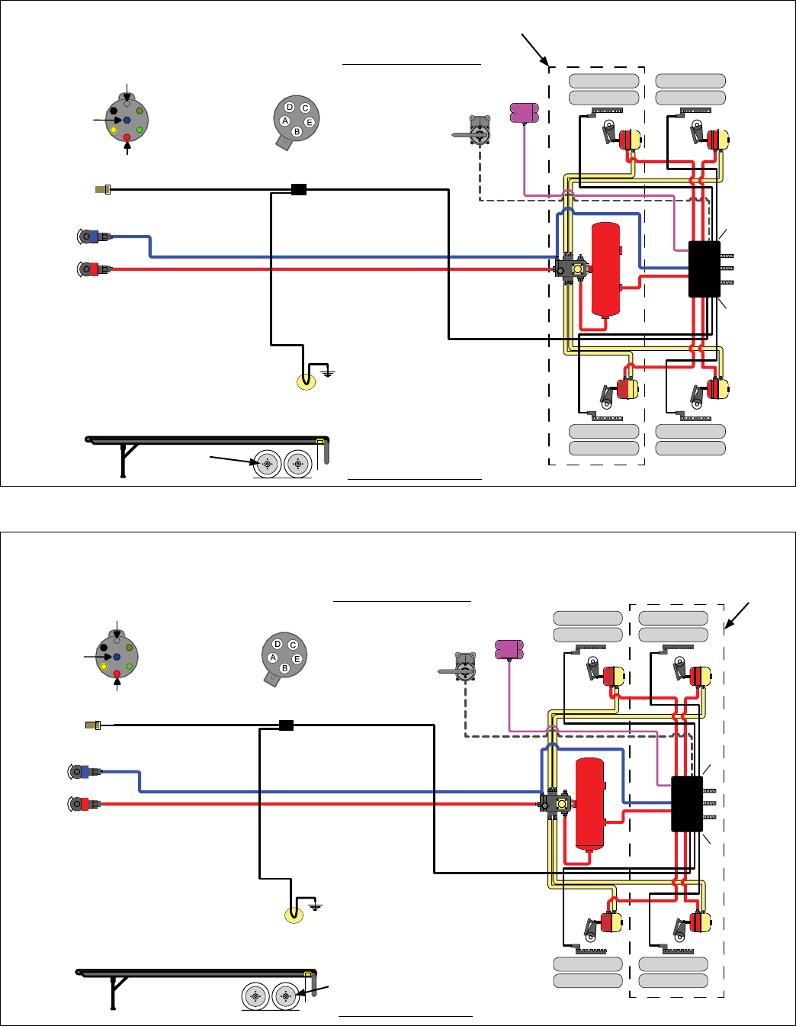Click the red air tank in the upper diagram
click(606, 269)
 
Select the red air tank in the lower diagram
click(589, 804)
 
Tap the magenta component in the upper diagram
click(525, 112)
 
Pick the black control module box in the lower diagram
click(687, 804)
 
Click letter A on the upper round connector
click(285, 121)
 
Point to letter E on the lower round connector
click(297, 659)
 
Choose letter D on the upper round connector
click(290, 108)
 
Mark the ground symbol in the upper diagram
click(328, 373)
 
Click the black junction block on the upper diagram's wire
click(299, 189)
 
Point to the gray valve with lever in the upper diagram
click(478, 132)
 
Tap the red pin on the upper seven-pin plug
click(127, 137)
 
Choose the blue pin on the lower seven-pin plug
click(117, 656)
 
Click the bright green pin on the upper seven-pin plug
click(140, 130)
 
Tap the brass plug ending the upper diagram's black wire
click(102, 188)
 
